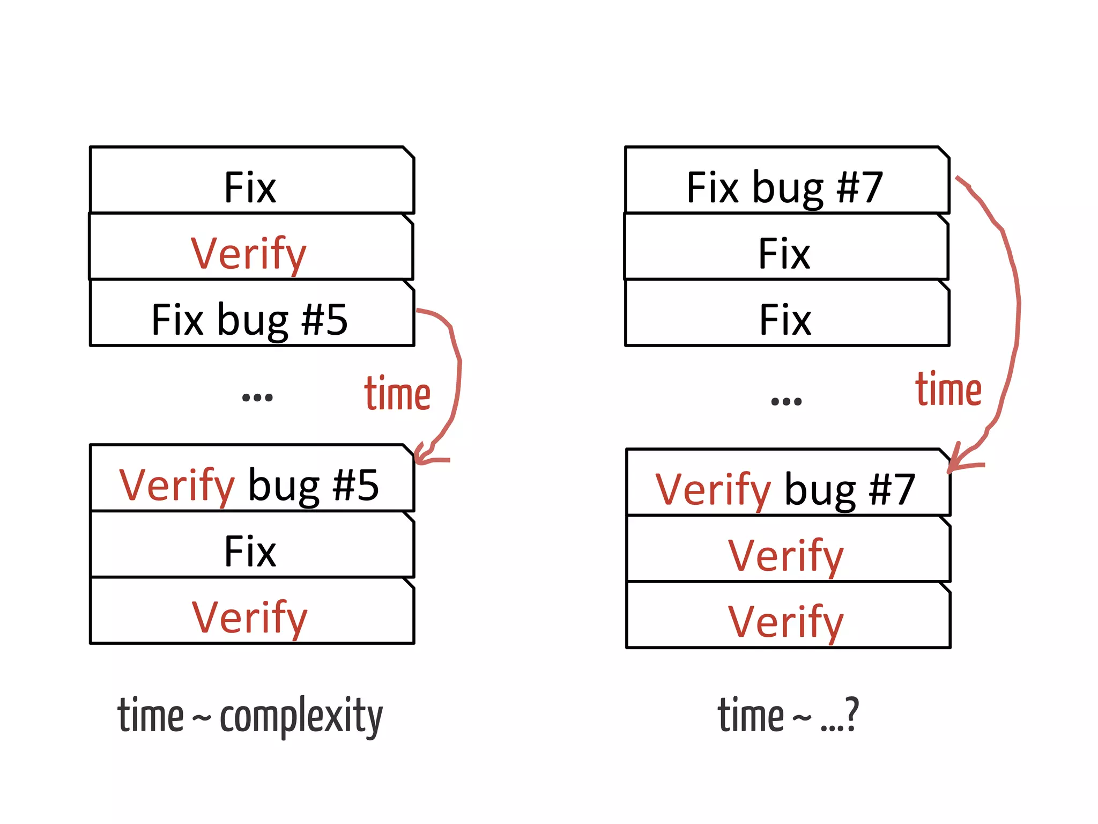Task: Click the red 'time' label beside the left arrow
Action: pos(397,394)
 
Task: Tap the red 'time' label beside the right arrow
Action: pos(948,389)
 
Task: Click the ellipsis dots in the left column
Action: pos(257,398)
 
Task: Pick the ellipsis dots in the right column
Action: pos(786,401)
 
